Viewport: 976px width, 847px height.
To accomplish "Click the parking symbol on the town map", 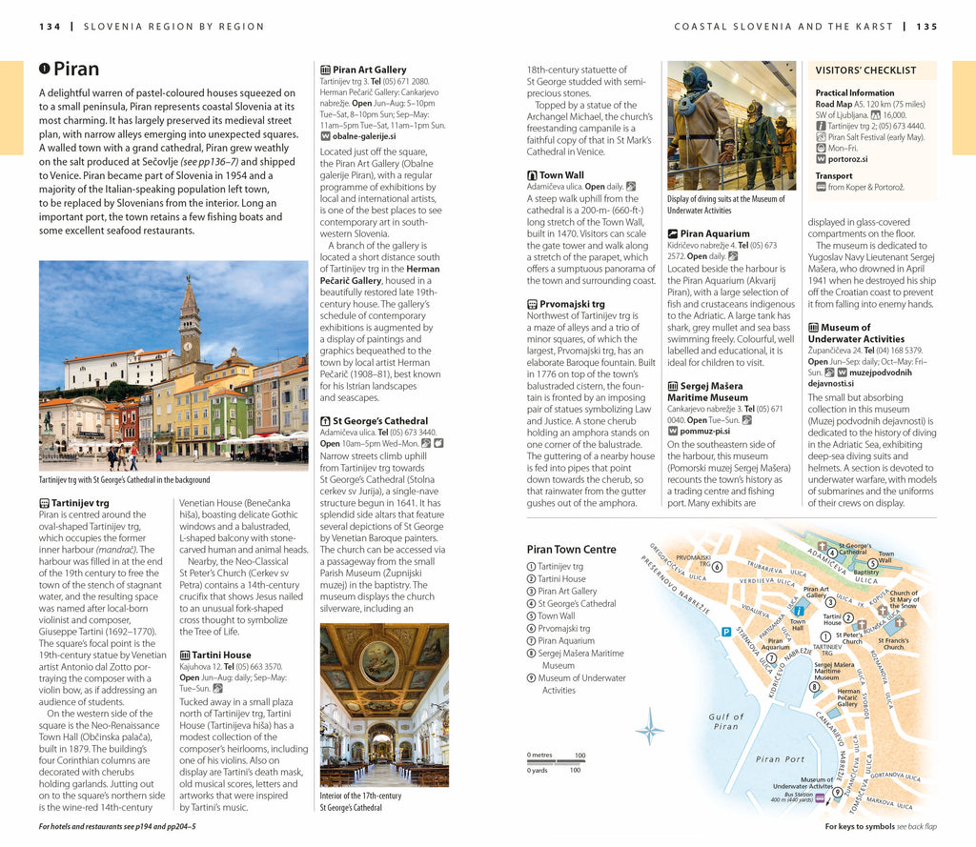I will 726,632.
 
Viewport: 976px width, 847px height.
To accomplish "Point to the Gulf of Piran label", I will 725,721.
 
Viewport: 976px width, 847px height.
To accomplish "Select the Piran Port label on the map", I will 780,759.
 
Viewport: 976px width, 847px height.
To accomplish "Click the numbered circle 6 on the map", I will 717,566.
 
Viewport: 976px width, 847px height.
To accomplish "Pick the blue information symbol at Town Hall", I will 799,611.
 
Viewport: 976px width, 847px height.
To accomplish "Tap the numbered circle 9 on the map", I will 838,792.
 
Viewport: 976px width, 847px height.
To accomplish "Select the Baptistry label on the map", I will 865,573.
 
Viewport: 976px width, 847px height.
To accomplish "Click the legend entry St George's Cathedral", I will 576,603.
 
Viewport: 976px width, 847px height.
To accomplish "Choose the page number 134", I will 50,26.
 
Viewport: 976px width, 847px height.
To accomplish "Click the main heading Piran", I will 75,70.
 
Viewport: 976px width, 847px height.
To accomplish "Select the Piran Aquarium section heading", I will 714,233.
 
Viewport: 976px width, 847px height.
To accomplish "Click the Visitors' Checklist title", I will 865,71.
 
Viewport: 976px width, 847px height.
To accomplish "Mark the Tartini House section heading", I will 221,655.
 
